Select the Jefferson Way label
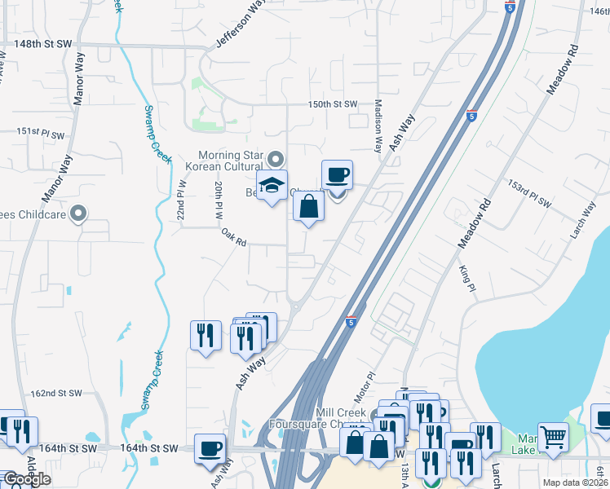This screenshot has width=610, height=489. (242, 23)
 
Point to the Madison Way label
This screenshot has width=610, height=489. (378, 126)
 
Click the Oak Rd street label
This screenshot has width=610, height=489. (233, 237)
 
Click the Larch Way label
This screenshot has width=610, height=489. (583, 215)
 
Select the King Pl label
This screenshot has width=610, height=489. (466, 276)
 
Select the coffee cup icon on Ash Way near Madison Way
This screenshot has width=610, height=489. (337, 174)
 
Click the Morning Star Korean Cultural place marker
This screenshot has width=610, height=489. (276, 159)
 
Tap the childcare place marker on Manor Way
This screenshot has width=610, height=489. (78, 214)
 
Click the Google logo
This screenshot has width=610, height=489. (27, 479)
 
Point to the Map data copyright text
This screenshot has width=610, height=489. (575, 482)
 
